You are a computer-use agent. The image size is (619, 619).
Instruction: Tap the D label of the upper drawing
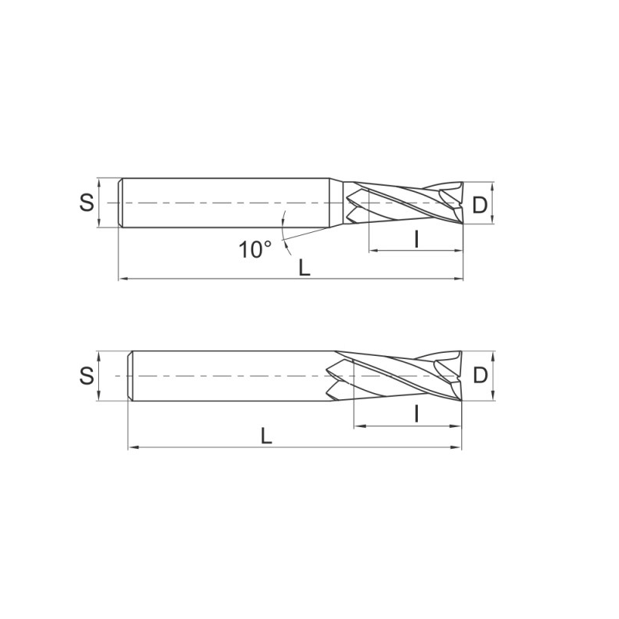(480, 205)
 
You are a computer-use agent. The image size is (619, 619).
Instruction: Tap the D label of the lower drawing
(480, 376)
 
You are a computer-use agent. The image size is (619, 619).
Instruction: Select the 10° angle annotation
(255, 249)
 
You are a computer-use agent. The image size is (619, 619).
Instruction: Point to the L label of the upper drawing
(305, 268)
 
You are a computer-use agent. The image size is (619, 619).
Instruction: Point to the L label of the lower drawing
(266, 436)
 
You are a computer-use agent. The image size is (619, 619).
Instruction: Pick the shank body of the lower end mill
(232, 376)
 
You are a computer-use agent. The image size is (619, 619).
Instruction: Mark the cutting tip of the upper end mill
(461, 203)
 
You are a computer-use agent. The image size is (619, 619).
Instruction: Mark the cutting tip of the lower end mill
(461, 376)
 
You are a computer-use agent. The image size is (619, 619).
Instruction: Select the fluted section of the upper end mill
(402, 203)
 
